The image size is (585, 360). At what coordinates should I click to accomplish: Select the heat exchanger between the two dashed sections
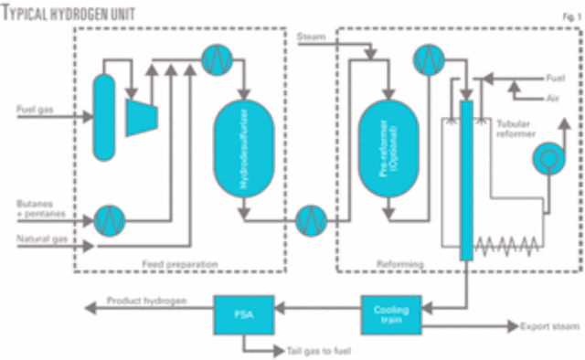311,219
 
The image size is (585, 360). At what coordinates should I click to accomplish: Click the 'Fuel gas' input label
36,111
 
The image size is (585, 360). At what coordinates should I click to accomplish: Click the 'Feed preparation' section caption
180,264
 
